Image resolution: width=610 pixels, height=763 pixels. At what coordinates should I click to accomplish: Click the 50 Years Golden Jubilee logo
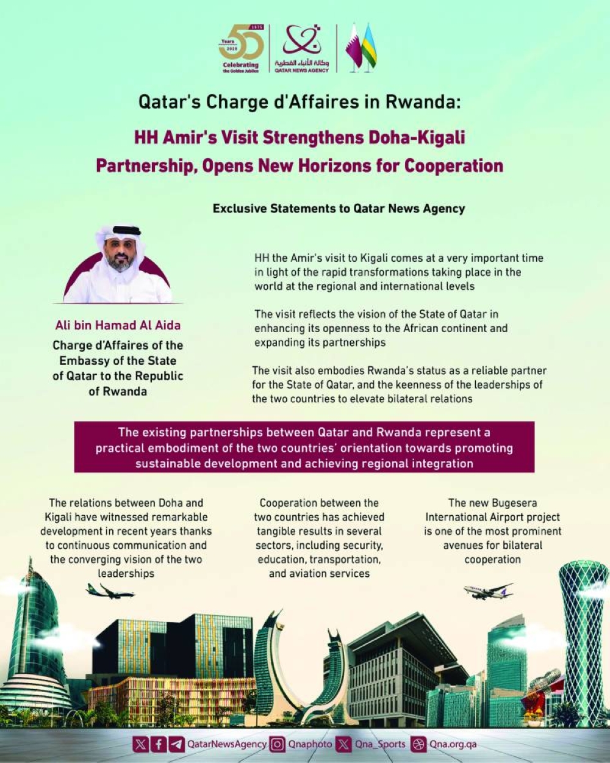[x=241, y=49]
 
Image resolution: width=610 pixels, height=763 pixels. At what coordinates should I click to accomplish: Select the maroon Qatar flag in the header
[x=354, y=47]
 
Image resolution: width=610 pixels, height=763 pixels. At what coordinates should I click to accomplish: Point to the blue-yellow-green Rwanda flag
[x=369, y=47]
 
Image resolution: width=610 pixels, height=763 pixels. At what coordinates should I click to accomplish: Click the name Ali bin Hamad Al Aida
[x=118, y=325]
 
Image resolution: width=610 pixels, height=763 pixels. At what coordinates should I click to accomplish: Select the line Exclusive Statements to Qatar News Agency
[x=339, y=209]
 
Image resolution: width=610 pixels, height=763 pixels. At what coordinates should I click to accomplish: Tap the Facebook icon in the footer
[x=159, y=744]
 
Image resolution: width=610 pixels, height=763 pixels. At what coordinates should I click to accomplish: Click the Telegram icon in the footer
[x=177, y=744]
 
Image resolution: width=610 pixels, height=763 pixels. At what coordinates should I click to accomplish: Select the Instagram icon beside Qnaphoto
[x=278, y=744]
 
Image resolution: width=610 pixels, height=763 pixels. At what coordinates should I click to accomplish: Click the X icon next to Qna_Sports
[x=345, y=744]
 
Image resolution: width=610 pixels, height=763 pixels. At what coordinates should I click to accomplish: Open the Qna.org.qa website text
[x=453, y=744]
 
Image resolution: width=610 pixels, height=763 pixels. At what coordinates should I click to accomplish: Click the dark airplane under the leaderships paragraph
[x=110, y=591]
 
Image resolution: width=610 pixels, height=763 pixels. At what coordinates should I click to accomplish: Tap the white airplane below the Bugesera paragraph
[x=488, y=591]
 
